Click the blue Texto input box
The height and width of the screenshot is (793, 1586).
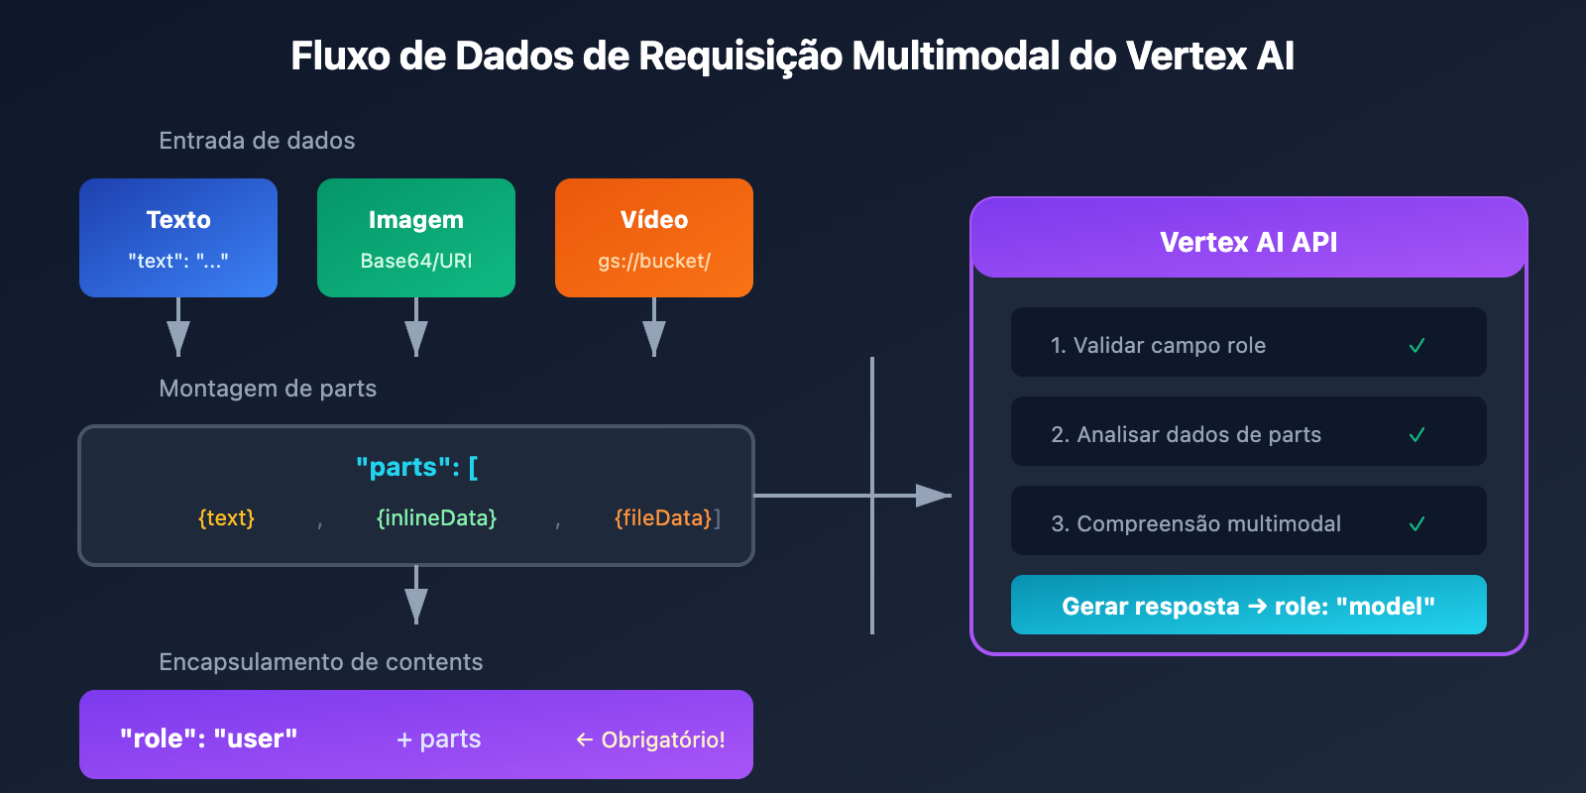[178, 238]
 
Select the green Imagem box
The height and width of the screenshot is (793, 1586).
[416, 238]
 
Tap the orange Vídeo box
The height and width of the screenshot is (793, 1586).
[654, 238]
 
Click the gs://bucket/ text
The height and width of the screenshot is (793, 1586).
[654, 262]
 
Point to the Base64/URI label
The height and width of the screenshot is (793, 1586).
[416, 262]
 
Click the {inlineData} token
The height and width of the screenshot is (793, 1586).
[436, 518]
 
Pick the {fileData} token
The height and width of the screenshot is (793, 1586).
[663, 518]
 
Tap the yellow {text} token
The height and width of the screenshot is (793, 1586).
[226, 518]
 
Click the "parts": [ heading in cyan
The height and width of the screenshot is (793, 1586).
[416, 467]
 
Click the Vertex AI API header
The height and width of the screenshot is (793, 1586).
[1249, 242]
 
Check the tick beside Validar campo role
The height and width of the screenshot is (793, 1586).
[1416, 346]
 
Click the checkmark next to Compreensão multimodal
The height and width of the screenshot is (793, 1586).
[1416, 524]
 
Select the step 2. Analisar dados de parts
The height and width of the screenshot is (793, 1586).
[1187, 434]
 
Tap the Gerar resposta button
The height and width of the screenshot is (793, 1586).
[1249, 606]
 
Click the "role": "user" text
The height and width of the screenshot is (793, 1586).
[208, 738]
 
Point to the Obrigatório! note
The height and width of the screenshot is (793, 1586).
[651, 739]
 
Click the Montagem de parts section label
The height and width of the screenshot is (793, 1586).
[268, 389]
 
